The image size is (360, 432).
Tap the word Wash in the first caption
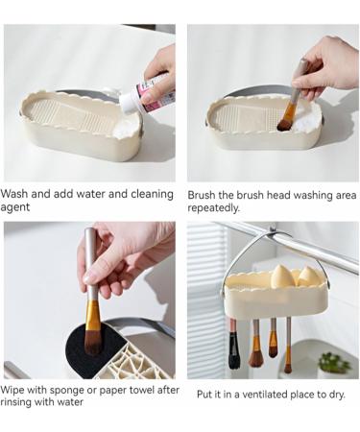(14, 194)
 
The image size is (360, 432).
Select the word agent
(15, 207)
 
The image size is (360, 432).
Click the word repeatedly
(213, 208)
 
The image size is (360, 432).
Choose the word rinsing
(16, 402)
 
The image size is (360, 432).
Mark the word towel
(142, 390)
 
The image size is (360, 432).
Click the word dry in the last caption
(337, 395)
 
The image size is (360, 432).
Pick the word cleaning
(152, 194)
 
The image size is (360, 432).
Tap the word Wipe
(12, 390)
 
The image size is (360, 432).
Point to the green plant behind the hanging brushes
(333, 363)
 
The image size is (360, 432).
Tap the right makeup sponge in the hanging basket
(306, 276)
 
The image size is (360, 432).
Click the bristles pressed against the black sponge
(92, 343)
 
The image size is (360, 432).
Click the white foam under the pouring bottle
(128, 128)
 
